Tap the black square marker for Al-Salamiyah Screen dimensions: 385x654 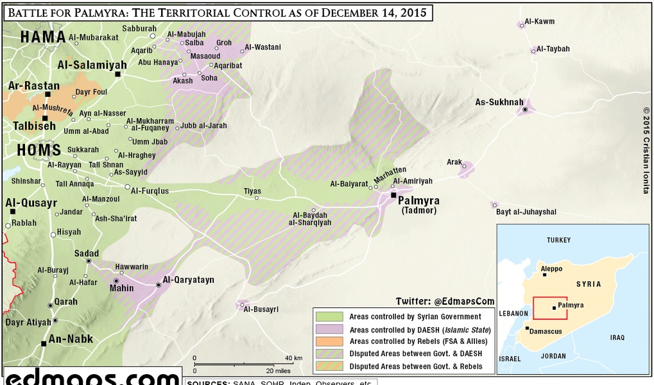pos(118,75)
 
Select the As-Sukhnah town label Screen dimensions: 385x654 pos(499,102)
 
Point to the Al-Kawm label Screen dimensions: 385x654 pos(540,22)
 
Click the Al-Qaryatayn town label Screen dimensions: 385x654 pos(188,280)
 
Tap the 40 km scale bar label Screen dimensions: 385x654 pos(294,357)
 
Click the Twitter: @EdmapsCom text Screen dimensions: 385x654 pos(445,300)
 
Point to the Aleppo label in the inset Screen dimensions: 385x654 pos(551,268)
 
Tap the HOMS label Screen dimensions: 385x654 pos(31,151)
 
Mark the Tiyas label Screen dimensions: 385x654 pos(252,191)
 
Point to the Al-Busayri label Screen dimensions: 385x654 pos(261,309)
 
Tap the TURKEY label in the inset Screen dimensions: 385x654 pos(558,240)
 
